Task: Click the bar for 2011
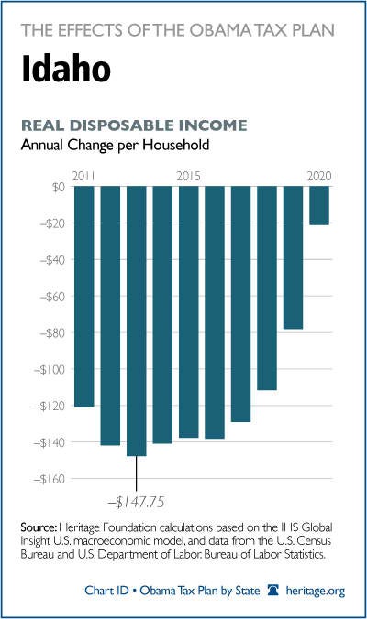tap(84, 297)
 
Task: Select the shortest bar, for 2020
tap(319, 206)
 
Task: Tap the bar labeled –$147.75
tap(137, 321)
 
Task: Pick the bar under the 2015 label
tap(189, 312)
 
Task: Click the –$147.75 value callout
tap(136, 502)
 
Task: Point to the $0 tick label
tap(58, 187)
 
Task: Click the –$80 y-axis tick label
tap(52, 332)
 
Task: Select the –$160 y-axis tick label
tap(49, 479)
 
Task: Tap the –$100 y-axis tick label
tap(49, 370)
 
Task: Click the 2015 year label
tap(189, 176)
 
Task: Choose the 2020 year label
tap(319, 176)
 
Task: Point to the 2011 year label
tap(83, 176)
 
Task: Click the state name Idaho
tap(66, 69)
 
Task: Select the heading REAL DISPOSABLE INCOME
tap(134, 125)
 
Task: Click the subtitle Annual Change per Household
tap(115, 146)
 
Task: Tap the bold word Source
tap(39, 527)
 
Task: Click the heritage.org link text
tap(316, 591)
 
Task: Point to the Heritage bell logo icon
tap(272, 591)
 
